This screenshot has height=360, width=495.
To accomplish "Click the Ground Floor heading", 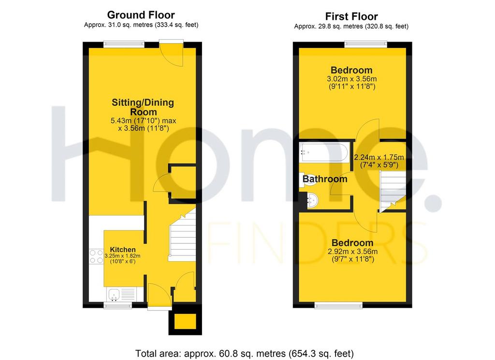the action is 141,15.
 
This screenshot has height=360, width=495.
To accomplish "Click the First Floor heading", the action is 351,16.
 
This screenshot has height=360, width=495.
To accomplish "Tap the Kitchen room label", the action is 123,249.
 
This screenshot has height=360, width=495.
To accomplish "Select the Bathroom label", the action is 325,179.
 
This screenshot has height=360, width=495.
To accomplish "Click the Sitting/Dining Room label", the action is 143,107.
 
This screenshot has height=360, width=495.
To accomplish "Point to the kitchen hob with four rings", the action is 96,256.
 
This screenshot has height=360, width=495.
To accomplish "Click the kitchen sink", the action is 114,295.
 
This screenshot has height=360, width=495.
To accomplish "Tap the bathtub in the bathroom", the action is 324,152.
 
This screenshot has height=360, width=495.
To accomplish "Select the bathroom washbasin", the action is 313,200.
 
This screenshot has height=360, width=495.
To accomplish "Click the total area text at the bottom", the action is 245,353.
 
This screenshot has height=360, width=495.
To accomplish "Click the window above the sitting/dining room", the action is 124,45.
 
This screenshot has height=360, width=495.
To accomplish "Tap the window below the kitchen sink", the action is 118,305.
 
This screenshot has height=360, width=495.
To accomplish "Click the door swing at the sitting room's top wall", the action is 172,54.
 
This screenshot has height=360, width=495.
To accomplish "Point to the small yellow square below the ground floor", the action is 185,322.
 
